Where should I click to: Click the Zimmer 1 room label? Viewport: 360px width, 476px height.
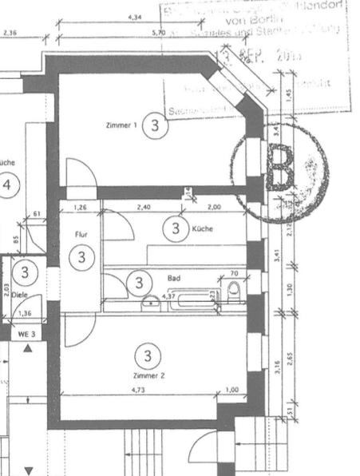click(x=121, y=125)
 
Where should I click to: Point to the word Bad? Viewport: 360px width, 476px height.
click(x=174, y=280)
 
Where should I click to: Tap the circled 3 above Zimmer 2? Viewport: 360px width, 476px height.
click(x=147, y=354)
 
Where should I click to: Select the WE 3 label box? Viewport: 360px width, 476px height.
click(x=26, y=333)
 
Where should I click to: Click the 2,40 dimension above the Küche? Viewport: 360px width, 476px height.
click(x=144, y=208)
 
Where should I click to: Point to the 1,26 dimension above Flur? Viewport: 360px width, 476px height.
click(x=80, y=208)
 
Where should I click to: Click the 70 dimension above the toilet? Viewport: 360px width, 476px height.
click(x=233, y=274)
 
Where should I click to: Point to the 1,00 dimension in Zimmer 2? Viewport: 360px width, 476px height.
click(x=232, y=390)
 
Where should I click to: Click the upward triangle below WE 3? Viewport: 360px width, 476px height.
click(x=28, y=348)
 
